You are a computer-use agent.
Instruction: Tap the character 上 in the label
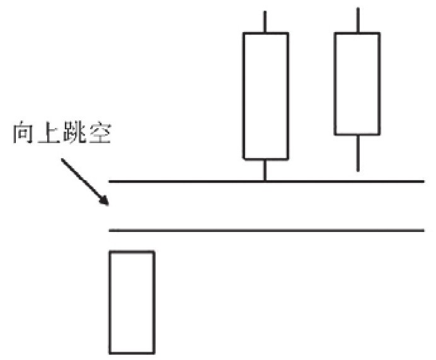tap(49, 133)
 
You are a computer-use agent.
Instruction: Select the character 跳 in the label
tap(74, 133)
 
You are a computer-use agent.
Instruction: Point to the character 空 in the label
tap(100, 133)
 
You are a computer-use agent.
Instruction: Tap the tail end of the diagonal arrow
tap(62, 159)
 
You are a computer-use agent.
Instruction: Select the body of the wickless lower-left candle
tap(132, 303)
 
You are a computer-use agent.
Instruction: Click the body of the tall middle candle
tap(266, 96)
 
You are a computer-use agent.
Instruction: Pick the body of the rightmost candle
tap(357, 84)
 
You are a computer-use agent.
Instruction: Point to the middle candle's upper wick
tap(265, 21)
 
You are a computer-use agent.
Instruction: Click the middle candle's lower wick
tap(265, 170)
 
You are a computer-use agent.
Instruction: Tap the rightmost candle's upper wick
tap(358, 20)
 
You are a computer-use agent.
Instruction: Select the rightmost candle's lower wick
tap(358, 153)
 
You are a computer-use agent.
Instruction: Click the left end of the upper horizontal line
tap(109, 182)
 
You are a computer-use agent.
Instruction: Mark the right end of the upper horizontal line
tap(424, 182)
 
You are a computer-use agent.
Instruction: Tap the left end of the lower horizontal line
tap(109, 230)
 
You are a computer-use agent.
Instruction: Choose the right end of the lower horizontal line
tap(424, 230)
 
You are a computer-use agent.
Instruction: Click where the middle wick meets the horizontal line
tap(265, 182)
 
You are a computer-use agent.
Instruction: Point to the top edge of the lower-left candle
tap(132, 252)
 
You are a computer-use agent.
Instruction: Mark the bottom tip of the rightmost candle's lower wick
tap(358, 171)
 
